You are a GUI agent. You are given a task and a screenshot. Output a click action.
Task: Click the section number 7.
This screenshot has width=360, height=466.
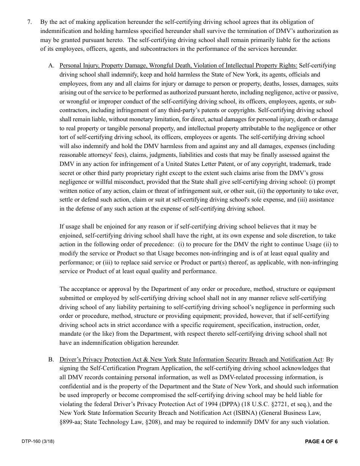30,22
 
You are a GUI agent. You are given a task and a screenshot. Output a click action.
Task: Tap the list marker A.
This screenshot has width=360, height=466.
51,66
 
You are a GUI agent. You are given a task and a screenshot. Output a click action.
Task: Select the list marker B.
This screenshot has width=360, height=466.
51,360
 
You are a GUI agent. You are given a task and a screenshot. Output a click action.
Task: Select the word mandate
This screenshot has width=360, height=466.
71,334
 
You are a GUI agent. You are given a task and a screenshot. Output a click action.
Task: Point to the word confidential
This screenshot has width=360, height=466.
75,386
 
